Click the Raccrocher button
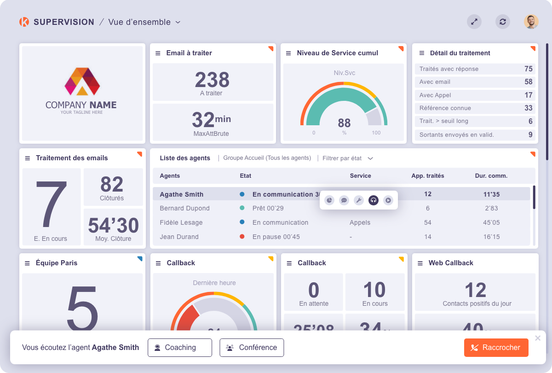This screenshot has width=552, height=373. pos(496,348)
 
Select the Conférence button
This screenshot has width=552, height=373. pos(252,348)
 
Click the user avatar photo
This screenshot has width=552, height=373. pos(531,22)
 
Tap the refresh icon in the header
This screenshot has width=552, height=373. pos(502,22)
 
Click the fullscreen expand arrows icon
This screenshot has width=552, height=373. pos(474,22)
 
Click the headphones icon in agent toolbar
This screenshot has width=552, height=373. pos(374,200)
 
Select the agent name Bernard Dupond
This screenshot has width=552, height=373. pos(184,208)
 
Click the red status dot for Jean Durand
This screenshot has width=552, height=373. pos(242,237)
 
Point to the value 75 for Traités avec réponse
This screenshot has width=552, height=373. pos(528,69)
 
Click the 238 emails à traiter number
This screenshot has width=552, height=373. pos(212,80)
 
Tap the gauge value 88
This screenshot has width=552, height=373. pos(344,123)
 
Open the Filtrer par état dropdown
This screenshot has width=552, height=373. pos(347,158)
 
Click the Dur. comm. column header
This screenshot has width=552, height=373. pos(491,175)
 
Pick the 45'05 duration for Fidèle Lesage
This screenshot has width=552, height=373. pos(491,222)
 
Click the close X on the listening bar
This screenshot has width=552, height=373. pos(537,338)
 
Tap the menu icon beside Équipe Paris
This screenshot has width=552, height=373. pos(27,263)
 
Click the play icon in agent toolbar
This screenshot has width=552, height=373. pos(388,200)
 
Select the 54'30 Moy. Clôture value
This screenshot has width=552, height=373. pos(113,225)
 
